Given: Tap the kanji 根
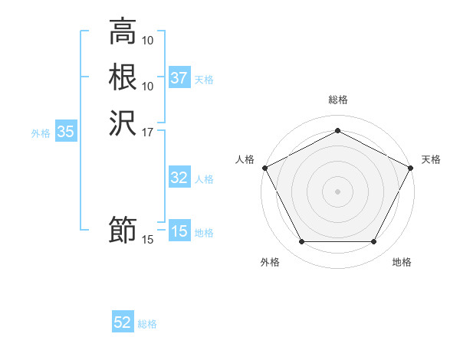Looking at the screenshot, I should coord(123,77).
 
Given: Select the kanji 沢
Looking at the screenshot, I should coord(123,123).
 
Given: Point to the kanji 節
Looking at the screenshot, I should coord(123,231).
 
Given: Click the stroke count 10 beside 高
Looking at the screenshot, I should coord(149,40).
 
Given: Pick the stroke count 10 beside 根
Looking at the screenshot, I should coord(149,86).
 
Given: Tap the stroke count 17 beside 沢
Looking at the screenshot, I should coord(148,132).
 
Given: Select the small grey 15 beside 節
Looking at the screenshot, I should coord(148,240).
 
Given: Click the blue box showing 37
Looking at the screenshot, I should coord(179,78).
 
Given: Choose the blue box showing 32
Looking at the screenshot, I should coord(179,178).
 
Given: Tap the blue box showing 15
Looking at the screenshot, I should coord(179,231).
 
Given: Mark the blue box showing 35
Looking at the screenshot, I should coord(66,132).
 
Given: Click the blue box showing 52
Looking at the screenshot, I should coord(123,322).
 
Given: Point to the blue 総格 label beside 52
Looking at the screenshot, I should coord(148,324).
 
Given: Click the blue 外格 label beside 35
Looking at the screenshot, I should coord(41,133).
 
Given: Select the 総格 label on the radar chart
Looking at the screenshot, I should coord(337,100).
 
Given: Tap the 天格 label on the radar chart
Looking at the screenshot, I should coord(431,159).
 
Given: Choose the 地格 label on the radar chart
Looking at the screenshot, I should coord(402,262).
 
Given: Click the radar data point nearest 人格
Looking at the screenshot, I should coord(264,167).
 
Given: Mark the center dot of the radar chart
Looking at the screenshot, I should coord(337,190).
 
